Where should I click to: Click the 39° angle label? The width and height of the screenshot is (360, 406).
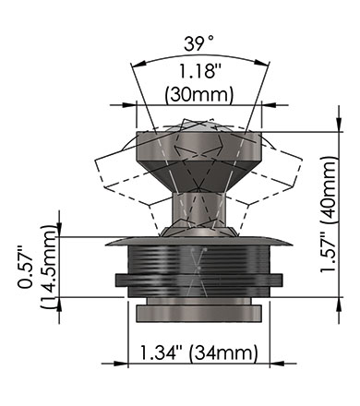coord(198,43)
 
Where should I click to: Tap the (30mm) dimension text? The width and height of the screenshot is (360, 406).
coord(199,94)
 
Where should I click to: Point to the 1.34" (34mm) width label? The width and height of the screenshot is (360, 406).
coord(198,352)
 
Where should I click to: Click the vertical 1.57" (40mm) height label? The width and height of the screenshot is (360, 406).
coord(329,214)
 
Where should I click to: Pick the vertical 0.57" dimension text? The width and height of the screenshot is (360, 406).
coord(25,267)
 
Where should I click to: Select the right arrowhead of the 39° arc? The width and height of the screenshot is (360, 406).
coord(262,63)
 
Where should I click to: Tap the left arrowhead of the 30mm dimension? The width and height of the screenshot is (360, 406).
coord(129,105)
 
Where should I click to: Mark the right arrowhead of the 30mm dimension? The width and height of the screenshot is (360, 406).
coord(269,105)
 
